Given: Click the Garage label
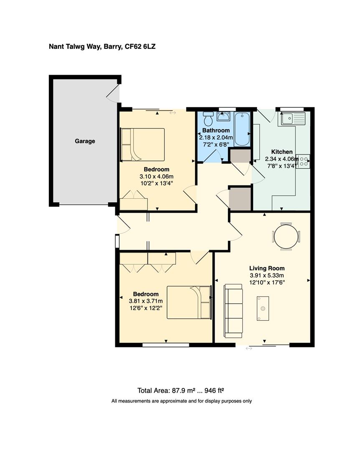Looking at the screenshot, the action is click(x=85, y=141).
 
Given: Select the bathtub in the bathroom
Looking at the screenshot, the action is click(x=242, y=129).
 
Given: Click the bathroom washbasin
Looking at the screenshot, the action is click(x=223, y=116).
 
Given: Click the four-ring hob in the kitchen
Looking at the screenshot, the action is click(x=304, y=161).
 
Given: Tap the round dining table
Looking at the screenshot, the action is click(x=286, y=236).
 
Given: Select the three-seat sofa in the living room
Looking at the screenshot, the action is click(x=233, y=311).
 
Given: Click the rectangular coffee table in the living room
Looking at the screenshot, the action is click(x=263, y=308).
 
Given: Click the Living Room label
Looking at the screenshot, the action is click(x=267, y=269).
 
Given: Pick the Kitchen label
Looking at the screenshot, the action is click(x=282, y=152).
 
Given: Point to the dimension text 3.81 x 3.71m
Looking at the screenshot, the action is click(x=146, y=301).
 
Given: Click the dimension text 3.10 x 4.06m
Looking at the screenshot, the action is click(x=157, y=176).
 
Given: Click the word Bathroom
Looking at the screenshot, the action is click(x=216, y=130).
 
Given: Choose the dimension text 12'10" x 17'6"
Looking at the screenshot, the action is click(x=267, y=282).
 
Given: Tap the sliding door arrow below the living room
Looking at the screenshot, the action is click(x=249, y=348).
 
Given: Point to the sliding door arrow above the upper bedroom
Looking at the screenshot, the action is click(x=172, y=112).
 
